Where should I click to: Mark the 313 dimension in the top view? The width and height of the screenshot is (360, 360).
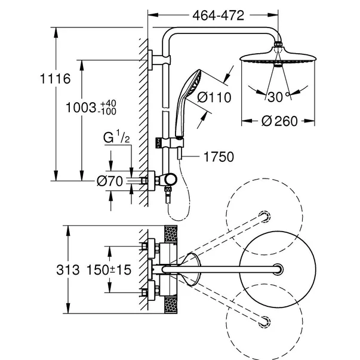coord(68,270)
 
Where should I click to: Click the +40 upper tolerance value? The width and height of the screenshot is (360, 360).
coord(109,103)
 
